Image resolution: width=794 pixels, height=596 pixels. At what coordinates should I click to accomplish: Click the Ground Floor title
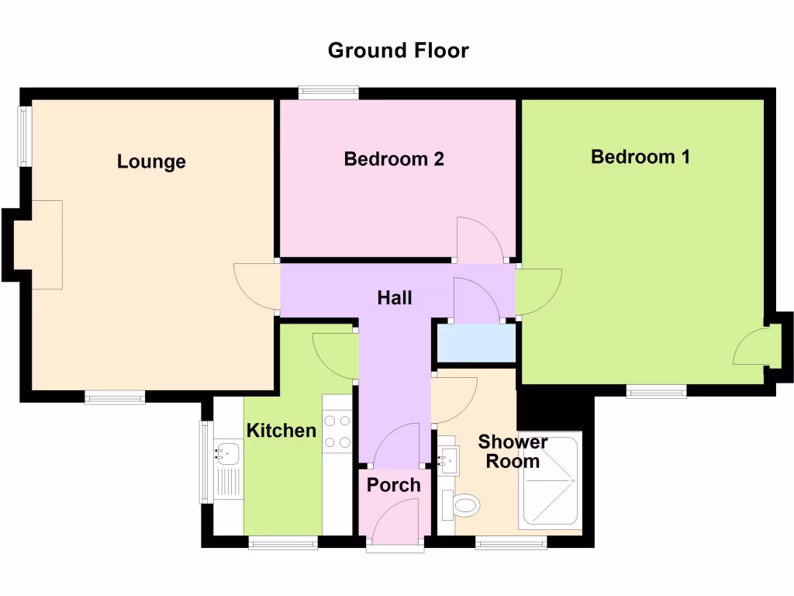coord(398,50)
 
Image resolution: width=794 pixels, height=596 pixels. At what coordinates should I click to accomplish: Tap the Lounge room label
coord(151,161)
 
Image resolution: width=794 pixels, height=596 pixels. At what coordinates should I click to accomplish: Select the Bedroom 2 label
coord(394,159)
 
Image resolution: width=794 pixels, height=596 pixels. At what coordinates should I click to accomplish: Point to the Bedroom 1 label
coord(640,157)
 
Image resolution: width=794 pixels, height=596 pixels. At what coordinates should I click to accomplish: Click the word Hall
coord(394,298)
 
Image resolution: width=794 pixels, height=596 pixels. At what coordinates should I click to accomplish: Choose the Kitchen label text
coord(281,431)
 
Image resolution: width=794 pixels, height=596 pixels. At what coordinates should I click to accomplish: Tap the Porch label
coord(393,485)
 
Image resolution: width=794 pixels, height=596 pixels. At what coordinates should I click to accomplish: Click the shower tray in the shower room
coord(551,480)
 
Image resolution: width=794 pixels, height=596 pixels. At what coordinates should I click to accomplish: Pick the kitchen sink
coord(226,450)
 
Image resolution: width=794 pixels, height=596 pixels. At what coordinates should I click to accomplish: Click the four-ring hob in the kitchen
coord(337,431)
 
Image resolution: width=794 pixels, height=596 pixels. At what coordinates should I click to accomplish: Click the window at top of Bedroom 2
coord(329,93)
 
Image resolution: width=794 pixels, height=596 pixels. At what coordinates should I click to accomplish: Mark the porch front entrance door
coord(395,524)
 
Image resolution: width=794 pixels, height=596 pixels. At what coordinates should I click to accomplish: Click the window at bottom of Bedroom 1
coord(656,392)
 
